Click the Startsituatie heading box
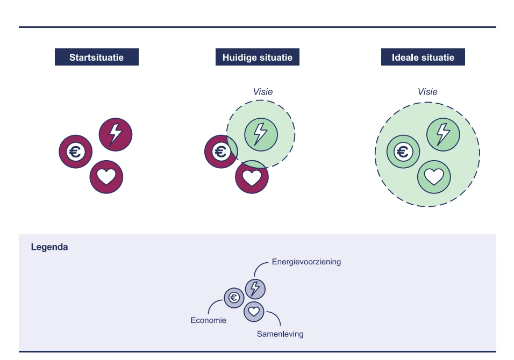click(97, 57)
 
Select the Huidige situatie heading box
click(258, 57)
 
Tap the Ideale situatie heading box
click(423, 57)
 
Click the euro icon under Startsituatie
click(75, 152)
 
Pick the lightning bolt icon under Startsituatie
click(116, 134)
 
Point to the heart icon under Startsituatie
click(106, 177)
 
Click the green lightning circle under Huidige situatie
click(261, 134)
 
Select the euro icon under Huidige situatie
click(220, 152)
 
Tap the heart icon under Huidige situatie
click(252, 177)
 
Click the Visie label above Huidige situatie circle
click(263, 92)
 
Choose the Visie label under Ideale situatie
click(427, 92)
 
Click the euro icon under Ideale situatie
click(403, 152)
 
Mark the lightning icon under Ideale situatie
click(443, 134)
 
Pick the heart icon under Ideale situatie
click(434, 177)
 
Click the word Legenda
click(49, 248)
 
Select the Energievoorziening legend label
click(306, 262)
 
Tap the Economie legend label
click(209, 320)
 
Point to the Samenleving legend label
click(280, 334)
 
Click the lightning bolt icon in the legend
click(255, 289)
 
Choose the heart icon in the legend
click(254, 311)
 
